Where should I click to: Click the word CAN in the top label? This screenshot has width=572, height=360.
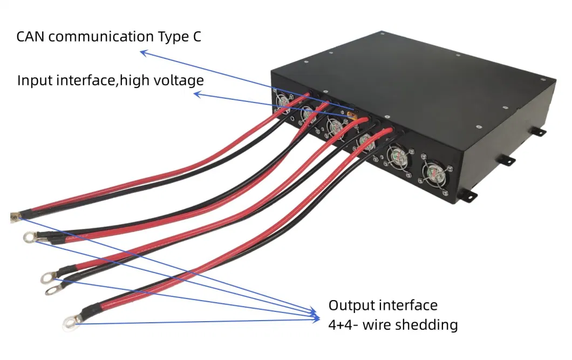coord(31,37)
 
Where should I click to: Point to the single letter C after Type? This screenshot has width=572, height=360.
coord(197,37)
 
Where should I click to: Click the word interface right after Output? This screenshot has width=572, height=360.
coord(411,305)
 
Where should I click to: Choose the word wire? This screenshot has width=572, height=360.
coord(380,325)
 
